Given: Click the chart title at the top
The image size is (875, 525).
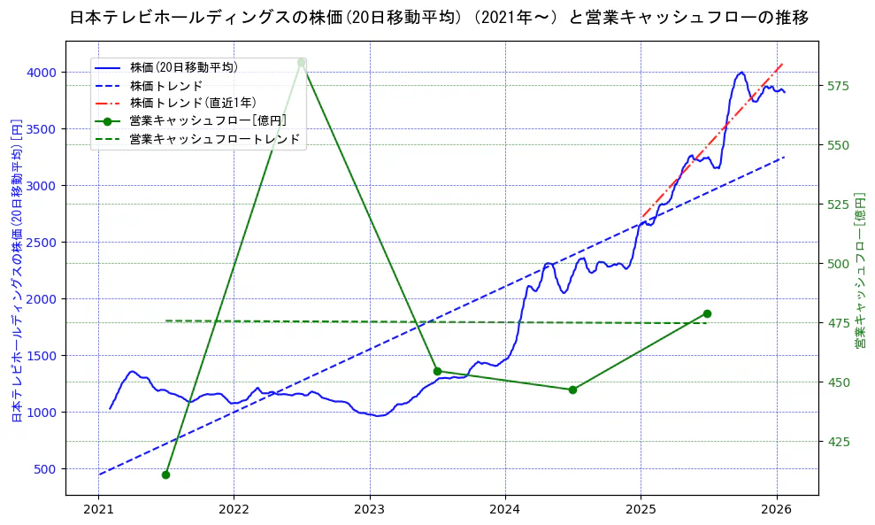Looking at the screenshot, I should tap(438, 18).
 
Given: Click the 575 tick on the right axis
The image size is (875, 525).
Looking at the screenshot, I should tap(836, 86).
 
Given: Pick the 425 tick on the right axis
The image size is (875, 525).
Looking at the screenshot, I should tap(836, 442).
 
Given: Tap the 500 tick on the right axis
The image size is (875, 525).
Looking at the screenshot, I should tap(836, 264).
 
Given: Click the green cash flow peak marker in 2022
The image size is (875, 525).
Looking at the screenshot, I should tap(302, 62).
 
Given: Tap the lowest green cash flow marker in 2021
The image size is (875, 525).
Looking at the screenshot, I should tap(165, 475).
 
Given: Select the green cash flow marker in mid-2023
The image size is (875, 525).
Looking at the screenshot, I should tap(437, 371).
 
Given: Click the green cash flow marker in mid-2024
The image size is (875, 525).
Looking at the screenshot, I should tap(572, 390).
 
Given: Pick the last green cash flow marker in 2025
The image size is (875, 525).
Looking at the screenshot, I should tap(707, 313).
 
